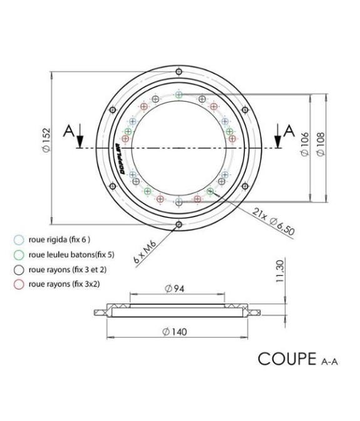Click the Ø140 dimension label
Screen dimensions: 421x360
[177, 331]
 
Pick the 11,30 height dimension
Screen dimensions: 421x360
[280, 272]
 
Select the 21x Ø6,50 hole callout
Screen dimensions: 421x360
[273, 221]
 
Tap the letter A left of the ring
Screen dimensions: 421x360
[70, 131]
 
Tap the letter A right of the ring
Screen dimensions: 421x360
[289, 130]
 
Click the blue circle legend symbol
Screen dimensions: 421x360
[19, 239]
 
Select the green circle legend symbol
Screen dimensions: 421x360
[19, 254]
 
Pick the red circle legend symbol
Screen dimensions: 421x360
[19, 283]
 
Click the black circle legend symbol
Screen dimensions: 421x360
[19, 269]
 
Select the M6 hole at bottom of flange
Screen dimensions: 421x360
[179, 224]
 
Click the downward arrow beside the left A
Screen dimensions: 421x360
[80, 138]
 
